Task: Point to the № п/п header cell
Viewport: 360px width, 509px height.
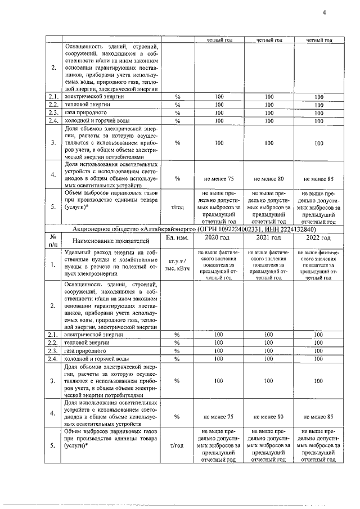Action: (x=53, y=241)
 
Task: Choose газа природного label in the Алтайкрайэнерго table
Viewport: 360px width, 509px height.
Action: (x=85, y=350)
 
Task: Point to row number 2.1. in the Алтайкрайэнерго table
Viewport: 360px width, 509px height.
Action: (x=53, y=335)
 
